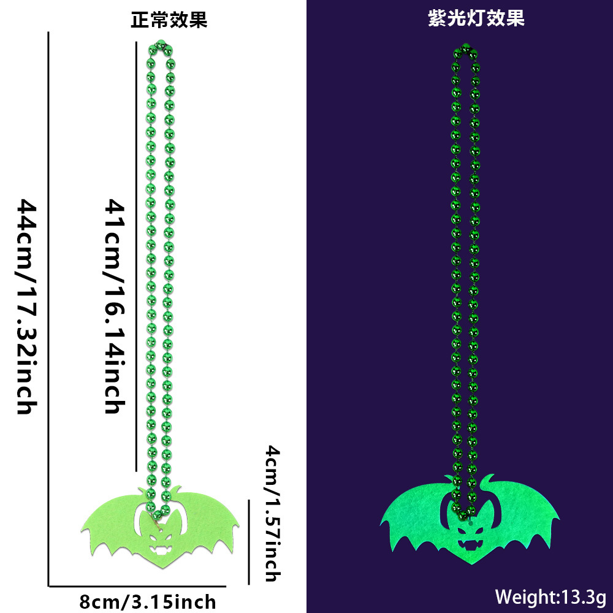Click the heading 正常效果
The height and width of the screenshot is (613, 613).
tap(169, 20)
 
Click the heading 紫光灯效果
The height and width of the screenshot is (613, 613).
tap(476, 19)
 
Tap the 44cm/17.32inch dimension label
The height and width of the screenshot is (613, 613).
tap(27, 306)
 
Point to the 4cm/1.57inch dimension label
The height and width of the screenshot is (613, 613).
tap(272, 514)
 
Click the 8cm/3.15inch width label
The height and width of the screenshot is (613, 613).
tap(148, 601)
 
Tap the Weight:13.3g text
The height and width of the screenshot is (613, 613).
tap(550, 596)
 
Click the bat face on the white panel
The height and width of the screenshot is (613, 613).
tap(159, 534)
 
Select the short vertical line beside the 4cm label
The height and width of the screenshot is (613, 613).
tap(248, 542)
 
